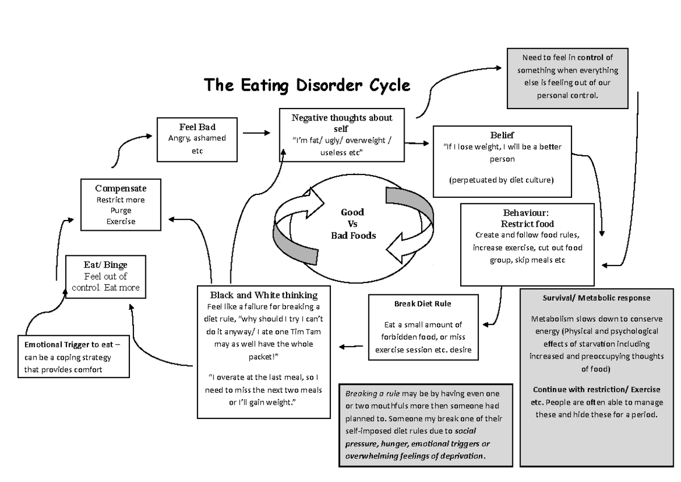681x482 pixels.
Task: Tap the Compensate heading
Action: [121, 188]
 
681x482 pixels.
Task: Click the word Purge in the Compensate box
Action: [121, 210]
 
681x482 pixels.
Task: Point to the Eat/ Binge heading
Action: [106, 265]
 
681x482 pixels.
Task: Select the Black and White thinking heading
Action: [263, 295]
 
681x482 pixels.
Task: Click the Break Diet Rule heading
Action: [423, 304]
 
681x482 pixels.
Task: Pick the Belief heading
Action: [502, 135]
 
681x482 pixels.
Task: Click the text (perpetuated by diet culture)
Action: [502, 180]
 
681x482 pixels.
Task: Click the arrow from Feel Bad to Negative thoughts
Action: [257, 134]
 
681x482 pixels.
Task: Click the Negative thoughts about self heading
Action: [341, 123]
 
